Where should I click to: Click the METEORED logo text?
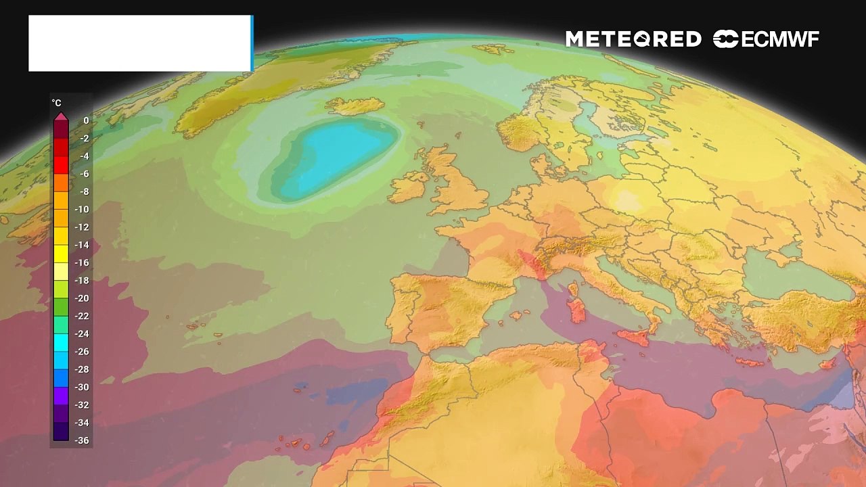tap(633, 39)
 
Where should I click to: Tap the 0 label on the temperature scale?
tap(86, 120)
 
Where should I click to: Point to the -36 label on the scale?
tap(82, 440)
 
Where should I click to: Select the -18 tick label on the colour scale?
tap(82, 280)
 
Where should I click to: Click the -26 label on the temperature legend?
tap(82, 351)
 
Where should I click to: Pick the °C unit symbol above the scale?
tap(57, 103)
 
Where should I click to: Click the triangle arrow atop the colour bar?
tap(61, 117)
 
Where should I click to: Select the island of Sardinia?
tap(577, 310)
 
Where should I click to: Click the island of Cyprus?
tap(827, 363)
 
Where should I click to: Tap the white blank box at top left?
tap(139, 43)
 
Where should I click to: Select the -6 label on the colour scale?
tap(84, 174)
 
